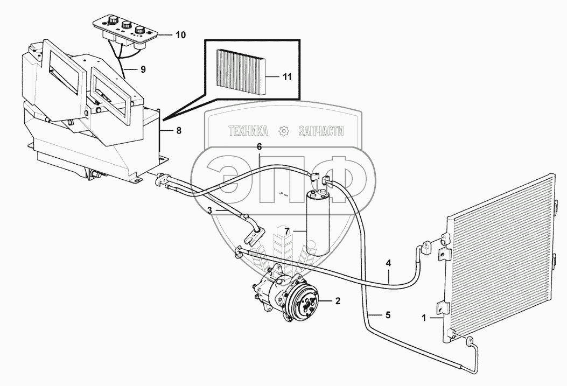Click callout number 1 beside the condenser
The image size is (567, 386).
pos(425,318)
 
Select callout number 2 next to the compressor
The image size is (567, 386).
pos(338,300)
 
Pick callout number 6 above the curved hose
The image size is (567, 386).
pos(258,146)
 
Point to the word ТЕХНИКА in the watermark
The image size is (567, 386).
pos(248,131)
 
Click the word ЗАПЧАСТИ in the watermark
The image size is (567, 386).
pos(321,131)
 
